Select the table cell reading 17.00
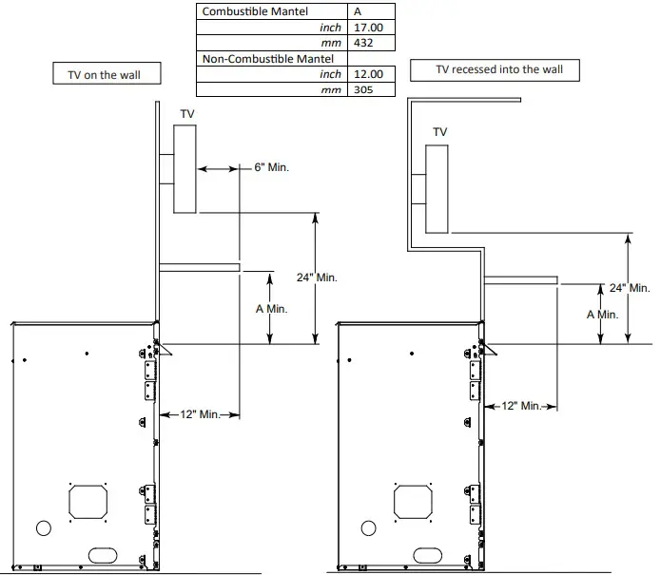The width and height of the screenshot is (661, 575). coord(369,28)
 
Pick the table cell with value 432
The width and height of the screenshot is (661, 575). coord(369,44)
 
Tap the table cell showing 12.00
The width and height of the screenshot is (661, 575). coord(369,74)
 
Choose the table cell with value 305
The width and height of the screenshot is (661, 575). coord(369,89)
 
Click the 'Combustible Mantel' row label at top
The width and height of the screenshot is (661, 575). coord(249,12)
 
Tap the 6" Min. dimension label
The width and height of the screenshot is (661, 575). coord(271,167)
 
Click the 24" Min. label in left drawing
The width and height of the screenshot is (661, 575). coord(317,278)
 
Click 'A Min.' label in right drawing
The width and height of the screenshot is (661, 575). coord(602,314)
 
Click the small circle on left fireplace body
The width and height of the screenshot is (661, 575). coord(43,527)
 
